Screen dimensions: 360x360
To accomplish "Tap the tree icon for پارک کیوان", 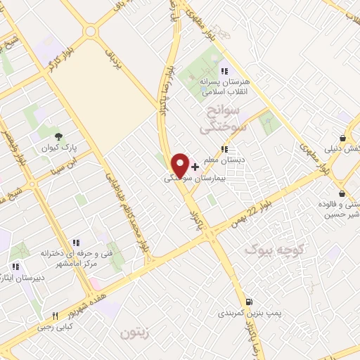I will tap(58, 136).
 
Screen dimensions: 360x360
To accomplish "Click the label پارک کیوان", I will tap(58, 150).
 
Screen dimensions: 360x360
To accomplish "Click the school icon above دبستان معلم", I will tap(224, 149).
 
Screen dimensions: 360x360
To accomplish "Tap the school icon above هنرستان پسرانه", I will tap(224, 70).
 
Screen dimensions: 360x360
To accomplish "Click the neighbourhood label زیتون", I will tap(136, 333).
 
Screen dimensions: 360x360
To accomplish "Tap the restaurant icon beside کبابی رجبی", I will tap(55, 316).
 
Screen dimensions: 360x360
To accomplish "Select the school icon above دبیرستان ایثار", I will tap(15, 266).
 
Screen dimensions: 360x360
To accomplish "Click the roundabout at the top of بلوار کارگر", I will tap(89, 32).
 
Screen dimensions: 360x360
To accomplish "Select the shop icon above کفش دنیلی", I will tap(342, 138).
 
